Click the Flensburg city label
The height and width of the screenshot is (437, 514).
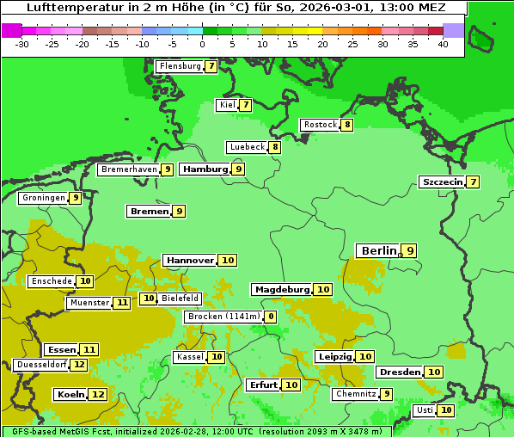coord(180,66)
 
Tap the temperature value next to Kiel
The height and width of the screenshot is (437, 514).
coord(245,105)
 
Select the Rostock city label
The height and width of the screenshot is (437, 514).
coord(320,125)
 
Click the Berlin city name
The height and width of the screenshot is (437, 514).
coord(378,250)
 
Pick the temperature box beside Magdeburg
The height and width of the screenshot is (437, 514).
coord(323,289)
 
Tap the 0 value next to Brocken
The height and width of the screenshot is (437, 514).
coord(271,317)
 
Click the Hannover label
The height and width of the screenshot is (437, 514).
coord(190,260)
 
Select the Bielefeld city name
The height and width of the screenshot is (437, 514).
coord(180,299)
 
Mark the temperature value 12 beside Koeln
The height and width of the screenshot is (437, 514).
coord(98,394)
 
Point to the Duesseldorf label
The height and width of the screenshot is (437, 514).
coord(41,365)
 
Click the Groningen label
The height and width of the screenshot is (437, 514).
coord(43,198)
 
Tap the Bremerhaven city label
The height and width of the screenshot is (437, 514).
coord(129,169)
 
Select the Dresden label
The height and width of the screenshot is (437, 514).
coord(400,372)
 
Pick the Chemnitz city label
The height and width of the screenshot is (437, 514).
coord(356,394)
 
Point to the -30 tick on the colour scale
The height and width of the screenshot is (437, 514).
coord(22,44)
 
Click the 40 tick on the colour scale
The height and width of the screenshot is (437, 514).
coord(443,44)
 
